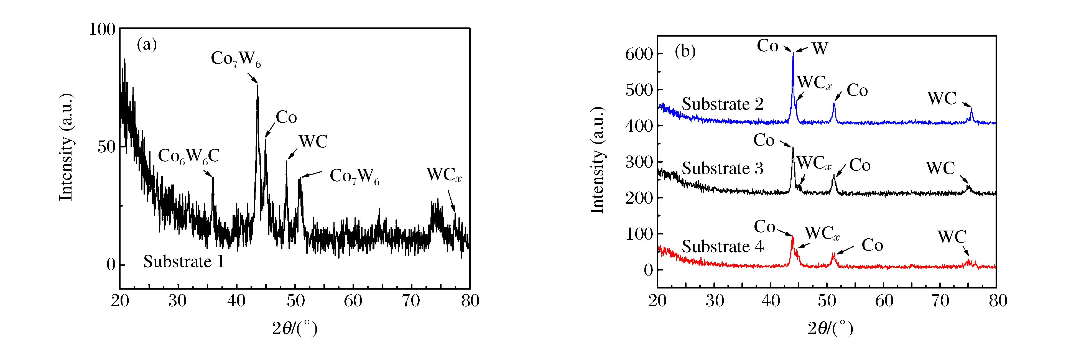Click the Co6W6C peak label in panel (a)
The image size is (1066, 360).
point(189,156)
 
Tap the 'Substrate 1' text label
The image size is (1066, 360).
point(184,262)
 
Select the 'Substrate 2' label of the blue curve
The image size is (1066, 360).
point(722,104)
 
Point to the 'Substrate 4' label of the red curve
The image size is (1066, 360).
point(722,247)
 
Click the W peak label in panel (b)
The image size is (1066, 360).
point(820,49)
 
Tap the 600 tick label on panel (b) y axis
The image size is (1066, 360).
point(639,54)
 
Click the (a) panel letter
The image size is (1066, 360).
point(147,44)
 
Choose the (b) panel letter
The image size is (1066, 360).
point(685,51)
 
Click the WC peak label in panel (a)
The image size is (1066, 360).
point(313,142)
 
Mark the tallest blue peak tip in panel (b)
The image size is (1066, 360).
point(793,53)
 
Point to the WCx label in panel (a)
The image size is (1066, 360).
point(444,175)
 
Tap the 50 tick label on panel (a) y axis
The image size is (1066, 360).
point(106,147)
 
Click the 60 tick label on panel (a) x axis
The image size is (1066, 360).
point(353,301)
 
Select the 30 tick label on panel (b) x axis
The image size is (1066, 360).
point(714,301)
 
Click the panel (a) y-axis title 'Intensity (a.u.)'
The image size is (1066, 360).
point(66,147)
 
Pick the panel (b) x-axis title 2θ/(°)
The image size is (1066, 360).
point(830,329)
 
